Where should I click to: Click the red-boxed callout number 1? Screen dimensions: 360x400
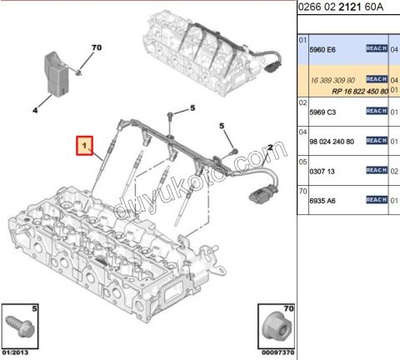84,147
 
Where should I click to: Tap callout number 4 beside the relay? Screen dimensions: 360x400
35,107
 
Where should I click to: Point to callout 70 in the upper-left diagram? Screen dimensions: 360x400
95,47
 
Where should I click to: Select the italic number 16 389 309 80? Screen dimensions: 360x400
332,78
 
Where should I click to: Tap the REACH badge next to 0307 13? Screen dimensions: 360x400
377,170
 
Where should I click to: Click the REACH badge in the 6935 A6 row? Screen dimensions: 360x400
377,200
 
